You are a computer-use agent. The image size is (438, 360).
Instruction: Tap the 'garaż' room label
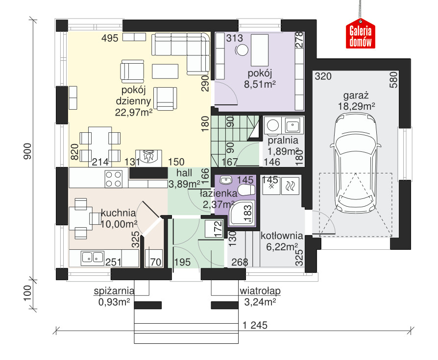[356, 96]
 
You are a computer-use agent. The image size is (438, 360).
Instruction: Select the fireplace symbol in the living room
[148, 156]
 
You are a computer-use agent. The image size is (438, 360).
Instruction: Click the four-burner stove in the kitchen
[113, 179]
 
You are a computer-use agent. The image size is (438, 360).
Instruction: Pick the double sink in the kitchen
[92, 258]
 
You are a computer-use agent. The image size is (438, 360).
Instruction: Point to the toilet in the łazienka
[245, 190]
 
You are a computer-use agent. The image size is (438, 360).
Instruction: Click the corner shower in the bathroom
[242, 213]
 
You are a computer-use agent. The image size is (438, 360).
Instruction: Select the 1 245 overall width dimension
[255, 325]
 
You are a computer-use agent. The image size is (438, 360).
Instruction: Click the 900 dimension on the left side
[27, 151]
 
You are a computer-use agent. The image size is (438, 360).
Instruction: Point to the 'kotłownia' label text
[282, 236]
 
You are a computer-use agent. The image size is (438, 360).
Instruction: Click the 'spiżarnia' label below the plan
[114, 291]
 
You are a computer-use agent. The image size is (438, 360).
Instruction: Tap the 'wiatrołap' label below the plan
[260, 291]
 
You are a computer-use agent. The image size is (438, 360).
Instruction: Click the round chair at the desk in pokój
[242, 50]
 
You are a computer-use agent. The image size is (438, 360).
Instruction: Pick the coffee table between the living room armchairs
[165, 71]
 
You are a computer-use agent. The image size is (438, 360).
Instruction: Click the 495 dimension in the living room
[110, 38]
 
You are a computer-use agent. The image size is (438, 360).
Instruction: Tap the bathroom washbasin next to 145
[226, 180]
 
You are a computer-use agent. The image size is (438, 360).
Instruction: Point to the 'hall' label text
[184, 173]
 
